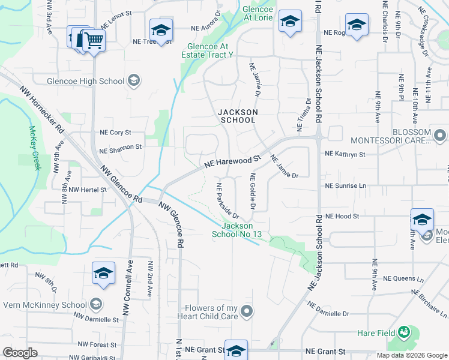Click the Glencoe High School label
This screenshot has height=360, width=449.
86,81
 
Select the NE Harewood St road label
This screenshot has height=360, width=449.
234,161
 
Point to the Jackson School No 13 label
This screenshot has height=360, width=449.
237,230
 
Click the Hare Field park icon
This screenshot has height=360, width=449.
404,332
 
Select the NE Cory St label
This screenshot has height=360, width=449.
115,133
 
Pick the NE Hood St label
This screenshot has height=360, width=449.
342,216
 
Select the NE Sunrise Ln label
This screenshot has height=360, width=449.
345,186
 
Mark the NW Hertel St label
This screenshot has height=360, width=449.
87,190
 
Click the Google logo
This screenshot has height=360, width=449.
20,353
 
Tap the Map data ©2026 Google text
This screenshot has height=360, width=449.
411,355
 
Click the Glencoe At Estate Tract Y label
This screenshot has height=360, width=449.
207,50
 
